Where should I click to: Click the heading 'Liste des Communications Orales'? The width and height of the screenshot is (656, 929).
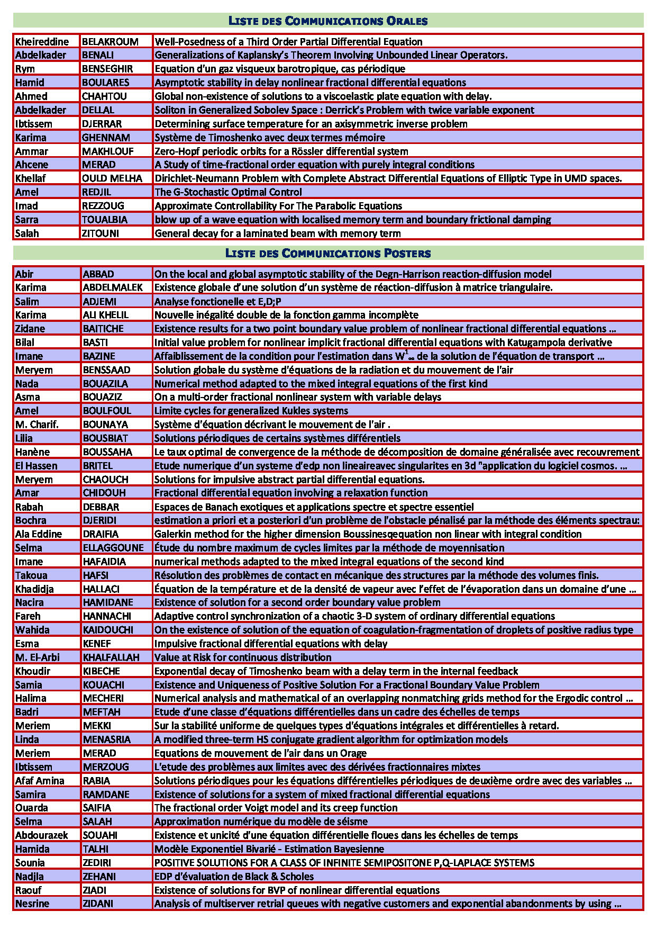coord(328,21)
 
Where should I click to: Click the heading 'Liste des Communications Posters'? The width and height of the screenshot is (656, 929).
coord(328,253)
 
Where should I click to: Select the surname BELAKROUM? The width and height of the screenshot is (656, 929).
coord(110,42)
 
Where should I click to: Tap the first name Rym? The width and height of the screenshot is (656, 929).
coord(25,69)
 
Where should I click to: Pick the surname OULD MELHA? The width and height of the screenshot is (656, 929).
coord(112,178)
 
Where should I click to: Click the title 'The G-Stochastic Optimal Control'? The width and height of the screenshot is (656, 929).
coord(228,192)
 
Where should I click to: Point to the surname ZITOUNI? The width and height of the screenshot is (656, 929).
coord(101,233)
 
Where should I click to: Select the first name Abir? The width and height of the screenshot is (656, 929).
coord(24,274)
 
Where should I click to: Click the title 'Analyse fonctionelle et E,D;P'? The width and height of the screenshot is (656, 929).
coord(218,302)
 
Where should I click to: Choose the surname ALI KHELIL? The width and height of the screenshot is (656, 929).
coord(106,315)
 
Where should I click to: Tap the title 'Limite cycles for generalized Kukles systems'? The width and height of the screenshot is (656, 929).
coord(251,411)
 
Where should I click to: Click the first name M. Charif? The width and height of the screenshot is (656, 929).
coord(37,425)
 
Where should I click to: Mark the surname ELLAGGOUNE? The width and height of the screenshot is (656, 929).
coord(113,548)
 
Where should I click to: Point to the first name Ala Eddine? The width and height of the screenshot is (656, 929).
coord(39,534)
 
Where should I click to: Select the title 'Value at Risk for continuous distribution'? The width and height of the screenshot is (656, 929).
coord(243,657)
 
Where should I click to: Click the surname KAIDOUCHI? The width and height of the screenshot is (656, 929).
coord(108,630)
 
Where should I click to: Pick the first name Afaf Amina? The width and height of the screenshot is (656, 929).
coord(40,781)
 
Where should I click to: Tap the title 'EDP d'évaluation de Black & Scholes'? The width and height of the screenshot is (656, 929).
coord(234,877)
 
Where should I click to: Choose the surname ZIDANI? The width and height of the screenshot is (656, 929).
coord(98,904)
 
